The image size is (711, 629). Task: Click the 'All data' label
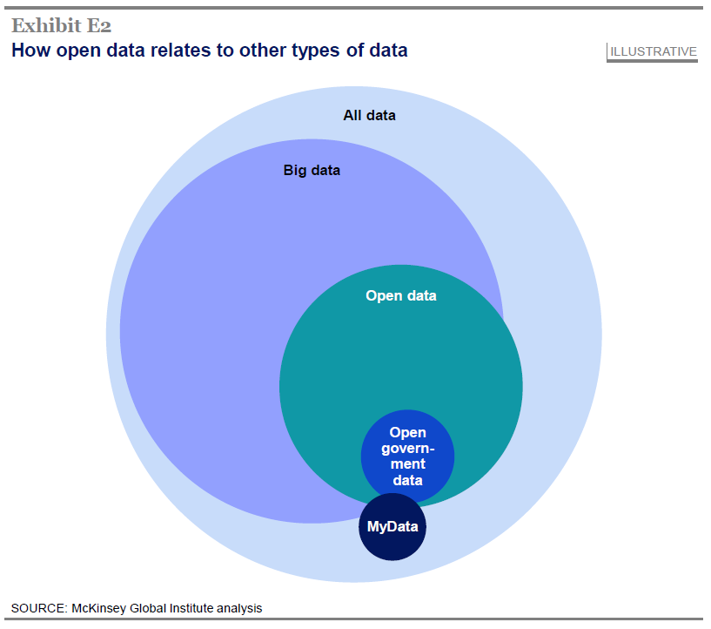click(x=369, y=115)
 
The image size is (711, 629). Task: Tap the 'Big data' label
click(x=312, y=171)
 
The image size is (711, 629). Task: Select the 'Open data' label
click(x=400, y=296)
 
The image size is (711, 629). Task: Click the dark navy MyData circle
click(x=392, y=527)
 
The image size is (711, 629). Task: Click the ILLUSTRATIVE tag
click(x=653, y=51)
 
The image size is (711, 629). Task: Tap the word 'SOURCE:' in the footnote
click(x=37, y=608)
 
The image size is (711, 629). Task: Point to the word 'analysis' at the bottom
click(x=238, y=608)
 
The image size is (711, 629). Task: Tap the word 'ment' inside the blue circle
click(x=407, y=464)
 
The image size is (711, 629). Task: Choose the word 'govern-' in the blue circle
click(x=407, y=449)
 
